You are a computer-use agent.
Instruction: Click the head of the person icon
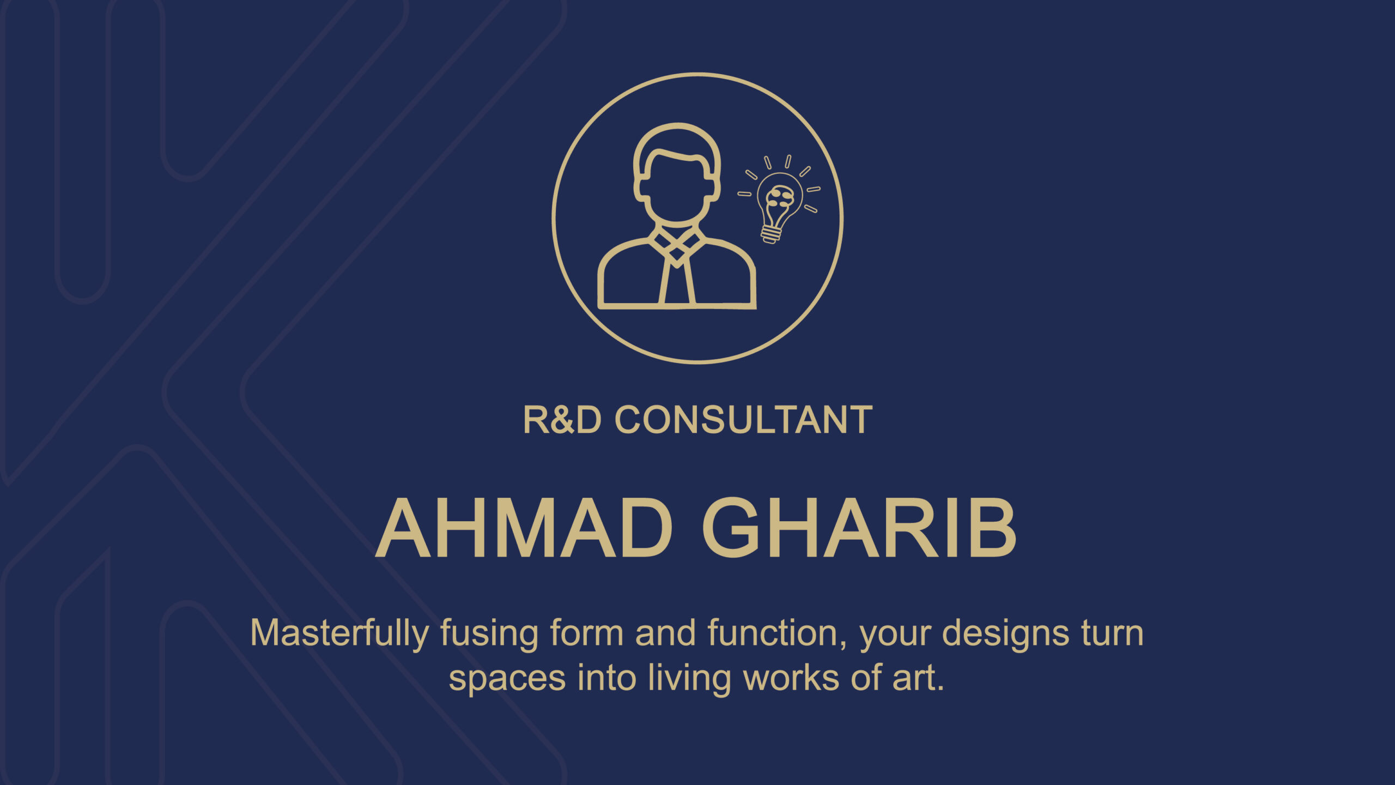pyautogui.click(x=677, y=174)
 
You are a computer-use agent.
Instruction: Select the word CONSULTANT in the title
pyautogui.click(x=743, y=420)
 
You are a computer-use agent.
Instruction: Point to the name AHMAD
pyautogui.click(x=524, y=528)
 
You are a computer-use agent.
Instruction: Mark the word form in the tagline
pyautogui.click(x=586, y=633)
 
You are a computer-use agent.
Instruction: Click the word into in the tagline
pyautogui.click(x=607, y=678)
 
